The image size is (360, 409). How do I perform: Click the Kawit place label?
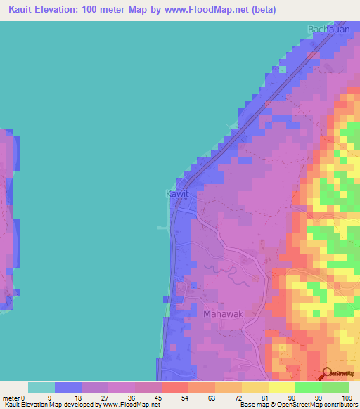point(176,193)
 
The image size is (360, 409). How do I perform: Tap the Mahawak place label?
point(223,314)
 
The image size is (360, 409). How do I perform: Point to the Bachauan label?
point(328,29)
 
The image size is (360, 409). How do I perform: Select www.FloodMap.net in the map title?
point(205,10)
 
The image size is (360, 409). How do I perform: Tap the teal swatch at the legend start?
point(41,387)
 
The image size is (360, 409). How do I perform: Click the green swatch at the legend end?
point(335,387)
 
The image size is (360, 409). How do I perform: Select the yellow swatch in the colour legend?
point(281,387)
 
